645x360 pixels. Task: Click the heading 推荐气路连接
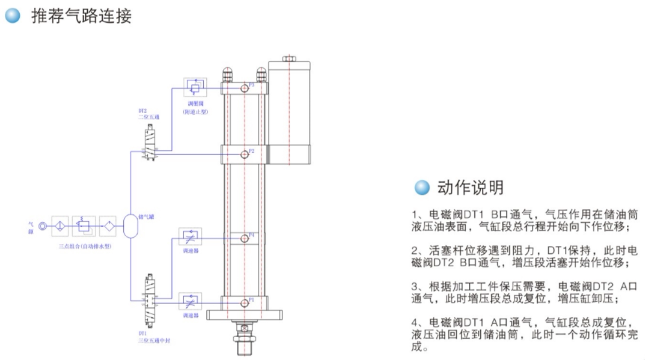pyautogui.click(x=81, y=17)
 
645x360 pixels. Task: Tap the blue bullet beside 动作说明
pyautogui.click(x=422, y=187)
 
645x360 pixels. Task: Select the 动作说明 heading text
pyautogui.click(x=470, y=187)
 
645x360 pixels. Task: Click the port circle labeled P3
pyautogui.click(x=244, y=87)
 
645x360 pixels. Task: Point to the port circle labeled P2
pyautogui.click(x=244, y=154)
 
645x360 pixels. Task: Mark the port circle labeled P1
pyautogui.click(x=244, y=302)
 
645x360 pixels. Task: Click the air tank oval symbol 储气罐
pyautogui.click(x=130, y=226)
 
